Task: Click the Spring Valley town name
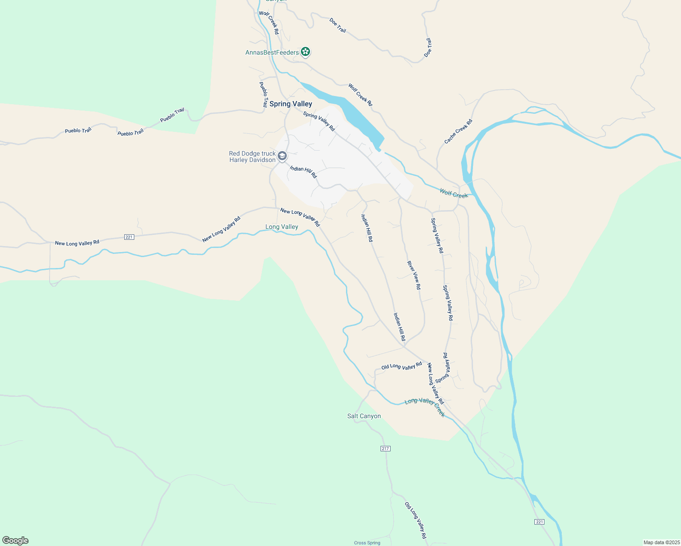coord(290,104)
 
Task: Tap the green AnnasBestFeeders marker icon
coord(306,52)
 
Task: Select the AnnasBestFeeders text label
coord(272,52)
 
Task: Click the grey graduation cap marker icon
coord(282,157)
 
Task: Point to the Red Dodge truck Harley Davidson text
coord(252,157)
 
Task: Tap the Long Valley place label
coord(282,227)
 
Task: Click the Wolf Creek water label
coord(453,193)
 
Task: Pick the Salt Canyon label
coord(364,416)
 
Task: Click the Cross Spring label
coord(367,543)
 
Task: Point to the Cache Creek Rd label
coord(458,131)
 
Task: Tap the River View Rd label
coord(414,275)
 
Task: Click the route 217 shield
coord(386,449)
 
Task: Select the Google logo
coord(15,541)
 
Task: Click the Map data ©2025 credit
coord(661,542)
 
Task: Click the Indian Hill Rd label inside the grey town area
coord(303,172)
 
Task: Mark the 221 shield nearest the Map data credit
coord(539,522)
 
